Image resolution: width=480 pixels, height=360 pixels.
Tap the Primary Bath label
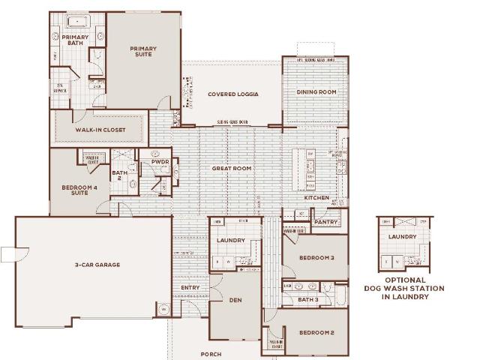(75, 40)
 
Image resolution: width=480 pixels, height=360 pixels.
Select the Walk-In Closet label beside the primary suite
(100, 130)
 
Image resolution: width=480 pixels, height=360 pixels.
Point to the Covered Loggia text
(233, 94)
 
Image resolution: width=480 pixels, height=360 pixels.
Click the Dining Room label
(316, 92)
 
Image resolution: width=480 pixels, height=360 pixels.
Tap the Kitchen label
(316, 198)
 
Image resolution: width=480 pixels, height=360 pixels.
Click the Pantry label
(326, 222)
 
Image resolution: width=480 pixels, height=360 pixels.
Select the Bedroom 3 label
(316, 257)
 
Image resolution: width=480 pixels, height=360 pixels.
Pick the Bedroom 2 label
(316, 332)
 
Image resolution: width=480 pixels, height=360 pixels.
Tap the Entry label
(190, 287)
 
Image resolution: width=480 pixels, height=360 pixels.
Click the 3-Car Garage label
(97, 265)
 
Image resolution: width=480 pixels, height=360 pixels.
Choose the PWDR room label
(160, 161)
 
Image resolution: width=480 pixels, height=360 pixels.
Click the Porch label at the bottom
(211, 354)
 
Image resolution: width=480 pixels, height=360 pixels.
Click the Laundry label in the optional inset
(403, 237)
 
